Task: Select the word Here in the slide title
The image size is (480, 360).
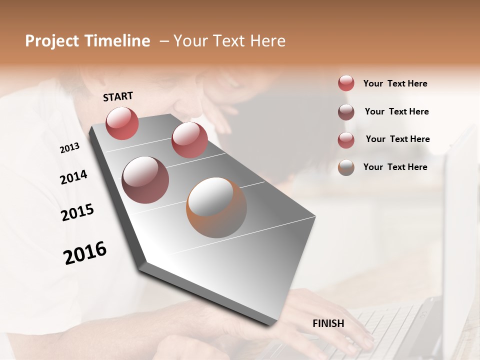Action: point(267,41)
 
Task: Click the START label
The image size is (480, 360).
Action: point(118,96)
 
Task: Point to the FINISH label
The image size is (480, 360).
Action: point(328,323)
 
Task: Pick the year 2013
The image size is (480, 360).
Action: point(69,148)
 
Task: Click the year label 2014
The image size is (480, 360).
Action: point(73,177)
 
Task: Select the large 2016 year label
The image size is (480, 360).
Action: point(85,253)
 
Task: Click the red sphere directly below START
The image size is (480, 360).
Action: point(122,123)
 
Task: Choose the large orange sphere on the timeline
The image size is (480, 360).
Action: point(216,207)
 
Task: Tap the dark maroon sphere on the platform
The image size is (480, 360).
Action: point(145,179)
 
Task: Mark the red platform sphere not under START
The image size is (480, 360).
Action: point(189,139)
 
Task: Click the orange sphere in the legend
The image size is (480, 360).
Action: point(346,167)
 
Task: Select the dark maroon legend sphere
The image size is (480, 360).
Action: point(346,112)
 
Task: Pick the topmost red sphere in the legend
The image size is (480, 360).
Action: point(346,83)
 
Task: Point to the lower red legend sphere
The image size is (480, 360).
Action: point(346,140)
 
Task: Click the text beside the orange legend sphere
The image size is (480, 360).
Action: point(395,167)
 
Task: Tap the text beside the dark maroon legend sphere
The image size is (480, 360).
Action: point(396,111)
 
